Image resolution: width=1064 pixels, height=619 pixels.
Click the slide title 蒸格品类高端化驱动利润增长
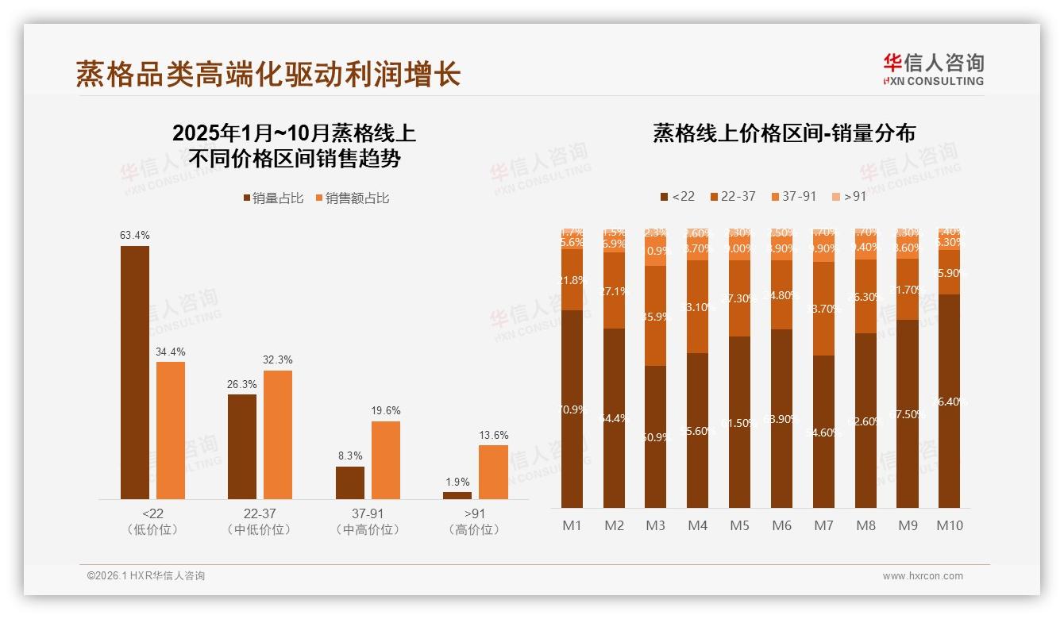(268, 74)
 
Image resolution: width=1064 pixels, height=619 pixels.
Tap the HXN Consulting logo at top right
(933, 70)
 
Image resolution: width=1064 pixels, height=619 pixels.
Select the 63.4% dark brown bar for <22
(135, 372)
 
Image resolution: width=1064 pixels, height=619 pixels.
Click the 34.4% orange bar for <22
(171, 430)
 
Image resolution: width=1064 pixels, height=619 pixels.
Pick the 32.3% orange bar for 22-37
(278, 435)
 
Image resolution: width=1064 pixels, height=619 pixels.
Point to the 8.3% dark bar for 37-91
(350, 483)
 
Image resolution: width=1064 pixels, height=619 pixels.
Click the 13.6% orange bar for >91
(493, 472)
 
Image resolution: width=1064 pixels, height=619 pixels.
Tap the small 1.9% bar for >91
(457, 495)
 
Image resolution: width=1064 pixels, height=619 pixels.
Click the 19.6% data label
(386, 410)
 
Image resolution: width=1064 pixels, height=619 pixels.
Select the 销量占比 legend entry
(273, 198)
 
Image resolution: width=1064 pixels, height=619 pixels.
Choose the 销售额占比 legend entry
(353, 198)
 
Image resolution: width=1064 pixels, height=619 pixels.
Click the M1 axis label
(572, 525)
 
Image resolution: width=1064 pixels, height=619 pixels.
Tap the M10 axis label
(950, 525)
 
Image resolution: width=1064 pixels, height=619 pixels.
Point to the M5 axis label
(739, 525)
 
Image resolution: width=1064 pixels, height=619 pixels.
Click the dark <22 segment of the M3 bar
(656, 436)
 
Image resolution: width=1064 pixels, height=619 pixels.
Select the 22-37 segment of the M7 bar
(824, 309)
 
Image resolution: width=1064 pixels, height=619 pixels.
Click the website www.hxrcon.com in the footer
(923, 576)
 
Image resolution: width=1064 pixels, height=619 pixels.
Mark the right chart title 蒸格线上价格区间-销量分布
(784, 133)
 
